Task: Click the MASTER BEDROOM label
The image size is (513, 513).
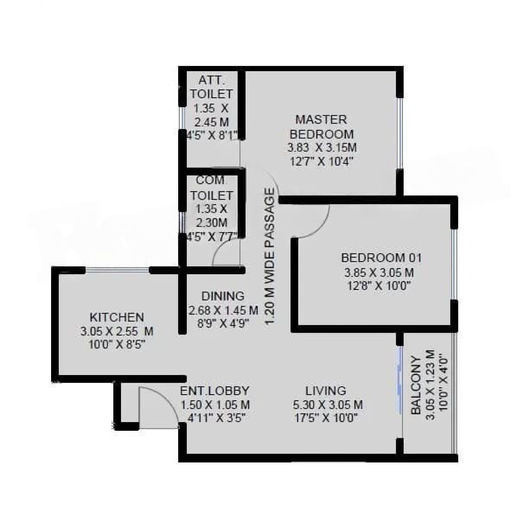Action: (x=321, y=127)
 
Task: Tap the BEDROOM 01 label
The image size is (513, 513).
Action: (x=381, y=258)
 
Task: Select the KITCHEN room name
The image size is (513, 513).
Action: (x=117, y=317)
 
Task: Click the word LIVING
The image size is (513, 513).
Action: (x=326, y=391)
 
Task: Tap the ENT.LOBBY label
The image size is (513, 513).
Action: (x=214, y=391)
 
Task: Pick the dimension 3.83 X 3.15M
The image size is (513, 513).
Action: (x=322, y=147)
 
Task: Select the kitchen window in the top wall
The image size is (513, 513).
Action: (x=117, y=270)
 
